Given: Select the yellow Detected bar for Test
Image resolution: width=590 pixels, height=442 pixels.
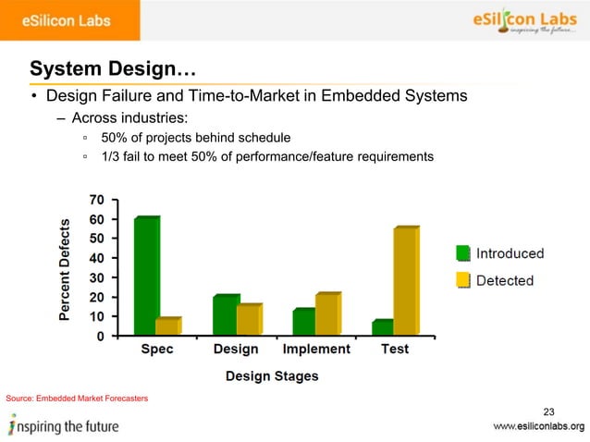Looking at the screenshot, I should (405, 281).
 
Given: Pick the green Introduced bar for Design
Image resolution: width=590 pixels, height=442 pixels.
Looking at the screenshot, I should (225, 315).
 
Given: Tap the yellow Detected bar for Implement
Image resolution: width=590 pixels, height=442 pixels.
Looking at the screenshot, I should (326, 314).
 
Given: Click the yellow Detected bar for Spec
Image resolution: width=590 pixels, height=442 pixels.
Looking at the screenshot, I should (167, 326).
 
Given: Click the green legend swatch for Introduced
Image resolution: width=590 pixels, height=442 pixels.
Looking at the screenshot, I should (463, 253).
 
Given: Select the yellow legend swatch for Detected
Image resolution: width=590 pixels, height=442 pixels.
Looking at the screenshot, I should (463, 280).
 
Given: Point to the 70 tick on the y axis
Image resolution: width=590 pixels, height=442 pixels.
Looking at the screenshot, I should (95, 200).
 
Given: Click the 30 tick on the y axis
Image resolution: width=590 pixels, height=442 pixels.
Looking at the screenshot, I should (95, 277).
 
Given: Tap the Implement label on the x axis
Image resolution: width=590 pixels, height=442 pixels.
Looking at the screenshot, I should (316, 350).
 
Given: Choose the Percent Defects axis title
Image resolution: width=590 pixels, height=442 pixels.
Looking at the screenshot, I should (66, 269).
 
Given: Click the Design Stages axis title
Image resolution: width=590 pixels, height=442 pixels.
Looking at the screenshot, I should (272, 375).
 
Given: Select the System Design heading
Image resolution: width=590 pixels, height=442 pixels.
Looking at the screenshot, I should (112, 68).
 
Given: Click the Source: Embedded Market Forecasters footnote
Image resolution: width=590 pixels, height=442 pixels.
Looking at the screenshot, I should (76, 398).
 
